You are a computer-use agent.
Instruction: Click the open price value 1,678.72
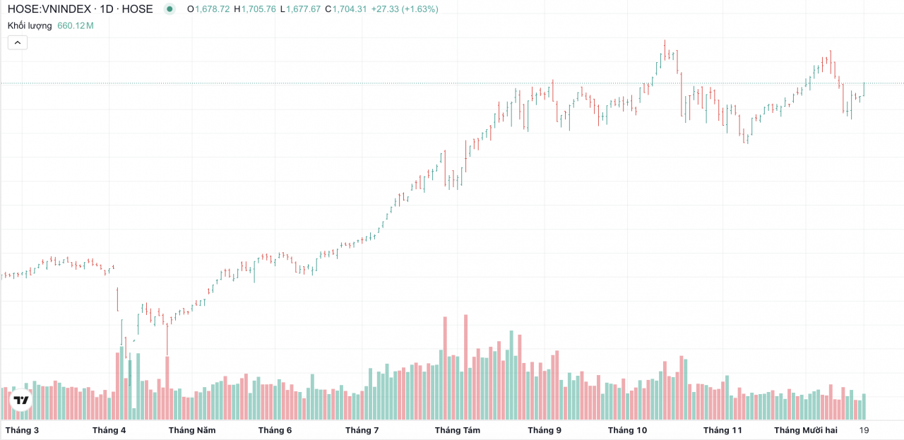(212, 9)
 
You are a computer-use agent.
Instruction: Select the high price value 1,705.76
(259, 9)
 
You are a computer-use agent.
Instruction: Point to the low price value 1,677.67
(303, 9)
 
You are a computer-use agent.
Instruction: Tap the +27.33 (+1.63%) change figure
(405, 9)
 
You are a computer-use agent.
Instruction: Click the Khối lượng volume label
(30, 25)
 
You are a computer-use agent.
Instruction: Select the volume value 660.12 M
(76, 25)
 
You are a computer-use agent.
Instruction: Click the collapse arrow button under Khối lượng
(18, 42)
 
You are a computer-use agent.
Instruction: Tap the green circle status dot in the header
(169, 9)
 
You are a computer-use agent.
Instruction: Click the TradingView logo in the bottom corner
(21, 400)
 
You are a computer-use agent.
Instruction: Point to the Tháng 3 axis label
(22, 430)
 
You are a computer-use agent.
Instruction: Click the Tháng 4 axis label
(109, 430)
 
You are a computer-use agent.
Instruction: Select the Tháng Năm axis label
(192, 430)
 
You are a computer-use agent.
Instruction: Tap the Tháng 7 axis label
(362, 430)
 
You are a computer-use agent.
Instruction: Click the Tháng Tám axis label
(458, 430)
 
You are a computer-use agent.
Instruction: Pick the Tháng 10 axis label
(627, 430)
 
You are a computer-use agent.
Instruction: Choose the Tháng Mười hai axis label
(805, 430)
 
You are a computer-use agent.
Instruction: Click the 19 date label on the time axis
(864, 430)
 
